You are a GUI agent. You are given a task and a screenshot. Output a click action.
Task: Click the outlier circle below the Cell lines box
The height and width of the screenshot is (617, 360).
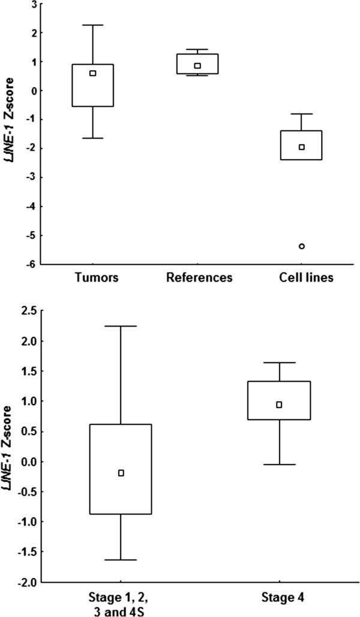302,246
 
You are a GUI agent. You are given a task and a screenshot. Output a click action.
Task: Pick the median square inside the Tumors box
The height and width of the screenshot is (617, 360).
92,73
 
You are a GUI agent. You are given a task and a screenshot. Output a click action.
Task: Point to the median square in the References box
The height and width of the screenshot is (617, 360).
197,65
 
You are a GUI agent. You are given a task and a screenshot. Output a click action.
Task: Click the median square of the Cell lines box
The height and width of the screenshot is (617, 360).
302,147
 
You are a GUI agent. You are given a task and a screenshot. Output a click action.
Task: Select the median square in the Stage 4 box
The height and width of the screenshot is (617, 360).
279,405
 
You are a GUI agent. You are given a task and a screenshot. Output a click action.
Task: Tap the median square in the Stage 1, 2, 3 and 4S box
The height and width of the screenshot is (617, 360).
121,473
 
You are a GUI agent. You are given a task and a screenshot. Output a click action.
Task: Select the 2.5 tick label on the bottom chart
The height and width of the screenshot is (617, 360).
28,310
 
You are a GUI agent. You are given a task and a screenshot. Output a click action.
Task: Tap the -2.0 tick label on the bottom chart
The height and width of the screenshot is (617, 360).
27,582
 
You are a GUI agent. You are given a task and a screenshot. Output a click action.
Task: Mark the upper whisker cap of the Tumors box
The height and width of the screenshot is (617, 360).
92,25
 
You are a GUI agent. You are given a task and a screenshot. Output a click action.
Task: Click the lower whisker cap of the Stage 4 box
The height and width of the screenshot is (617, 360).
279,465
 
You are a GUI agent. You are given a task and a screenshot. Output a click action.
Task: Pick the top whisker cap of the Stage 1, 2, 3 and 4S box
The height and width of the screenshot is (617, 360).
121,326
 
